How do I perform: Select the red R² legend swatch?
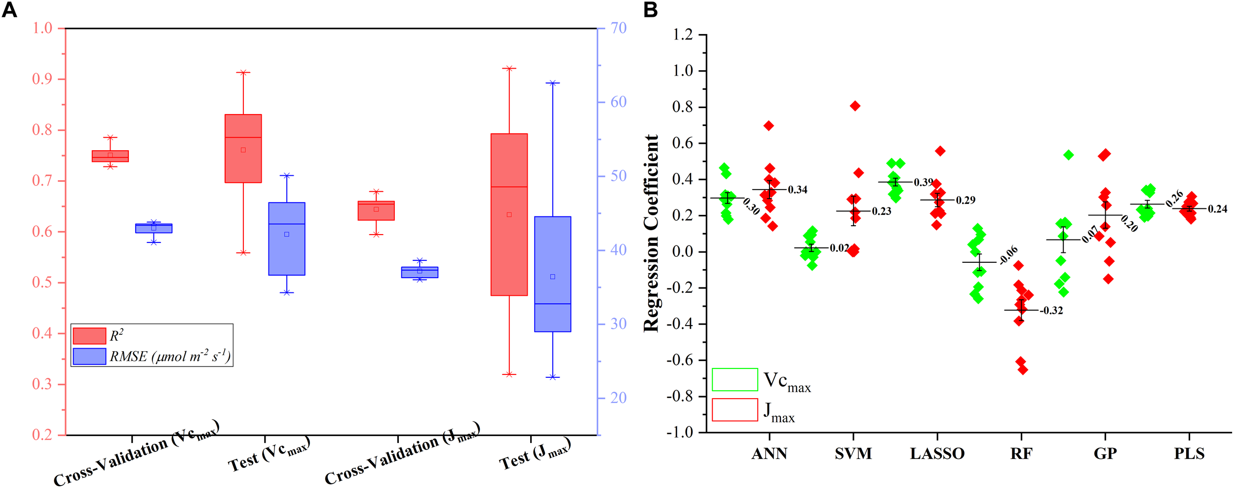tap(89, 336)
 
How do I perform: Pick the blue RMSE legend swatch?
tap(89, 357)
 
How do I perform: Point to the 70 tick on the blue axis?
tap(618, 28)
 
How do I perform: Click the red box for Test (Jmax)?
tap(509, 214)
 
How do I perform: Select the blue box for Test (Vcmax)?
tap(287, 239)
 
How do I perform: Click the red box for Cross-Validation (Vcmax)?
tap(111, 156)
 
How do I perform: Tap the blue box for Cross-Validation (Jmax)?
tap(420, 272)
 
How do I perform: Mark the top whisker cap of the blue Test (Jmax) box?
tap(553, 83)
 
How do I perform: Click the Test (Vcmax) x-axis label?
tap(269, 454)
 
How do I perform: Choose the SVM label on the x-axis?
tap(853, 453)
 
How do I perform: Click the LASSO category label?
tap(937, 453)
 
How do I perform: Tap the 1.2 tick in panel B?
tap(683, 35)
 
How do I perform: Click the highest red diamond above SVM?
tap(855, 106)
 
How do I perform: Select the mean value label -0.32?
tap(1051, 311)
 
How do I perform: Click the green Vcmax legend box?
tap(734, 379)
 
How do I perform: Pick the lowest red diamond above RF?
tap(1023, 369)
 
